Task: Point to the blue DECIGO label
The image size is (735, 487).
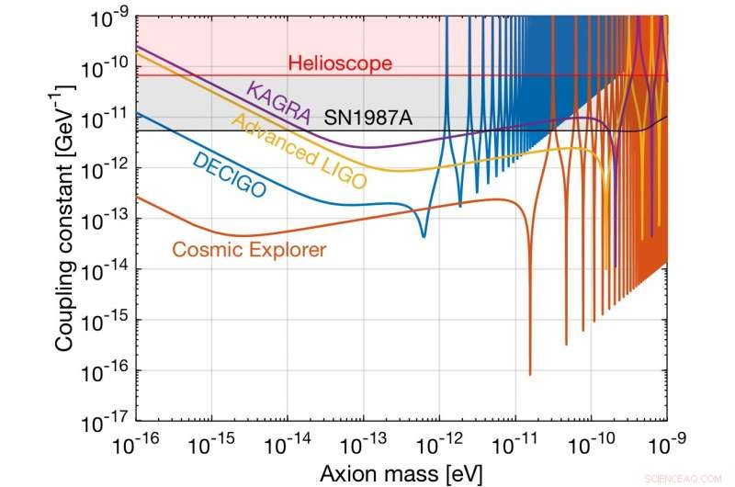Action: point(229,176)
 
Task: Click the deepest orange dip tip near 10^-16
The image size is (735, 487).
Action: point(530,374)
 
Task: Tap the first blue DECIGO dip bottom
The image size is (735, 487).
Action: point(424,236)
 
